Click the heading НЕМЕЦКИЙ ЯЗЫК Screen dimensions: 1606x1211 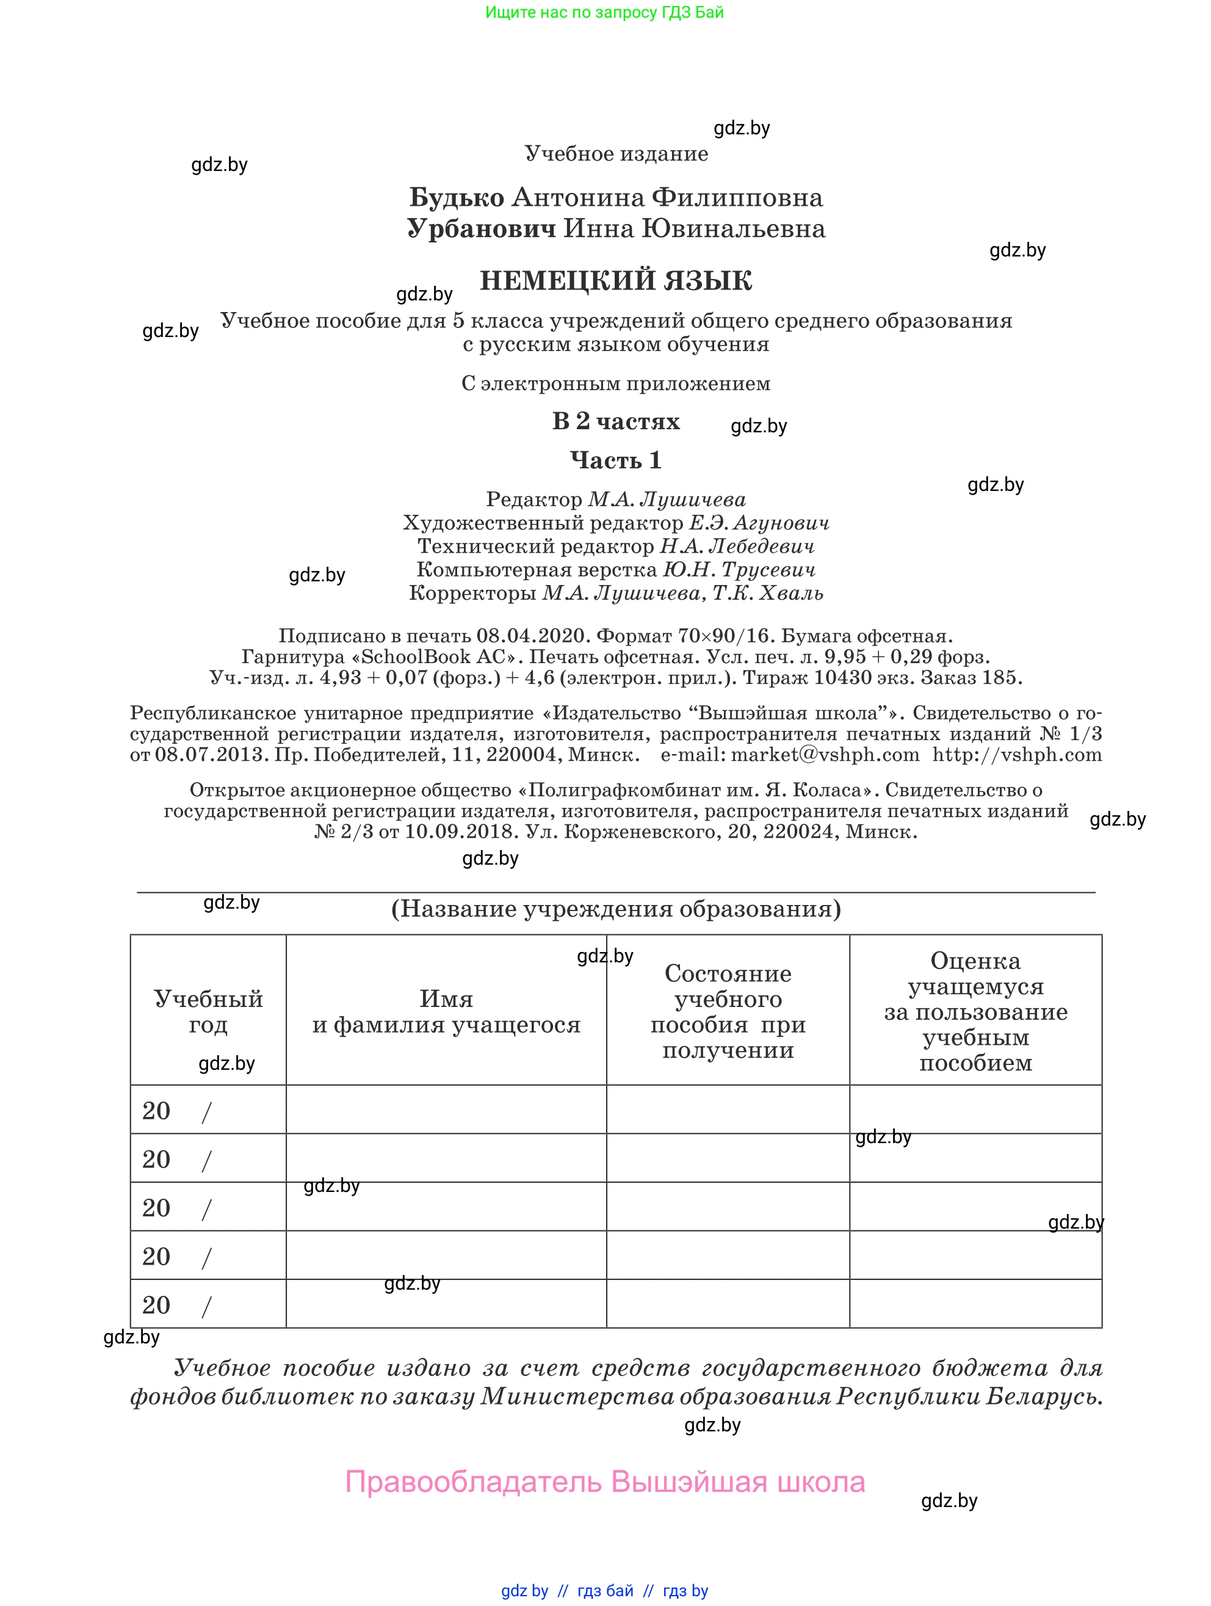point(615,280)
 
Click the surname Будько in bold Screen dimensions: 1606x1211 point(457,197)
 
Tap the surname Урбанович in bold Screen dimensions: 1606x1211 point(481,229)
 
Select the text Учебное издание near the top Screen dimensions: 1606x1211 point(616,153)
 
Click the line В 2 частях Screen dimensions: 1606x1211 point(615,421)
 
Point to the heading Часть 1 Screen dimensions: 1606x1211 point(615,460)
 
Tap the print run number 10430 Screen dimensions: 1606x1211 point(842,677)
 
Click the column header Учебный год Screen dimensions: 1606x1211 point(208,1011)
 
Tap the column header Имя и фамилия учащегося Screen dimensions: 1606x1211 point(446,1011)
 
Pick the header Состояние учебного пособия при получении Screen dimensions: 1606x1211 point(728,1011)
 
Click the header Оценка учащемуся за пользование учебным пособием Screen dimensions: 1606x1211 point(975,1011)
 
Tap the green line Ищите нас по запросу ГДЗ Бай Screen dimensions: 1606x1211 point(604,12)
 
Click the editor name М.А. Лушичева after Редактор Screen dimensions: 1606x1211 point(666,500)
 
